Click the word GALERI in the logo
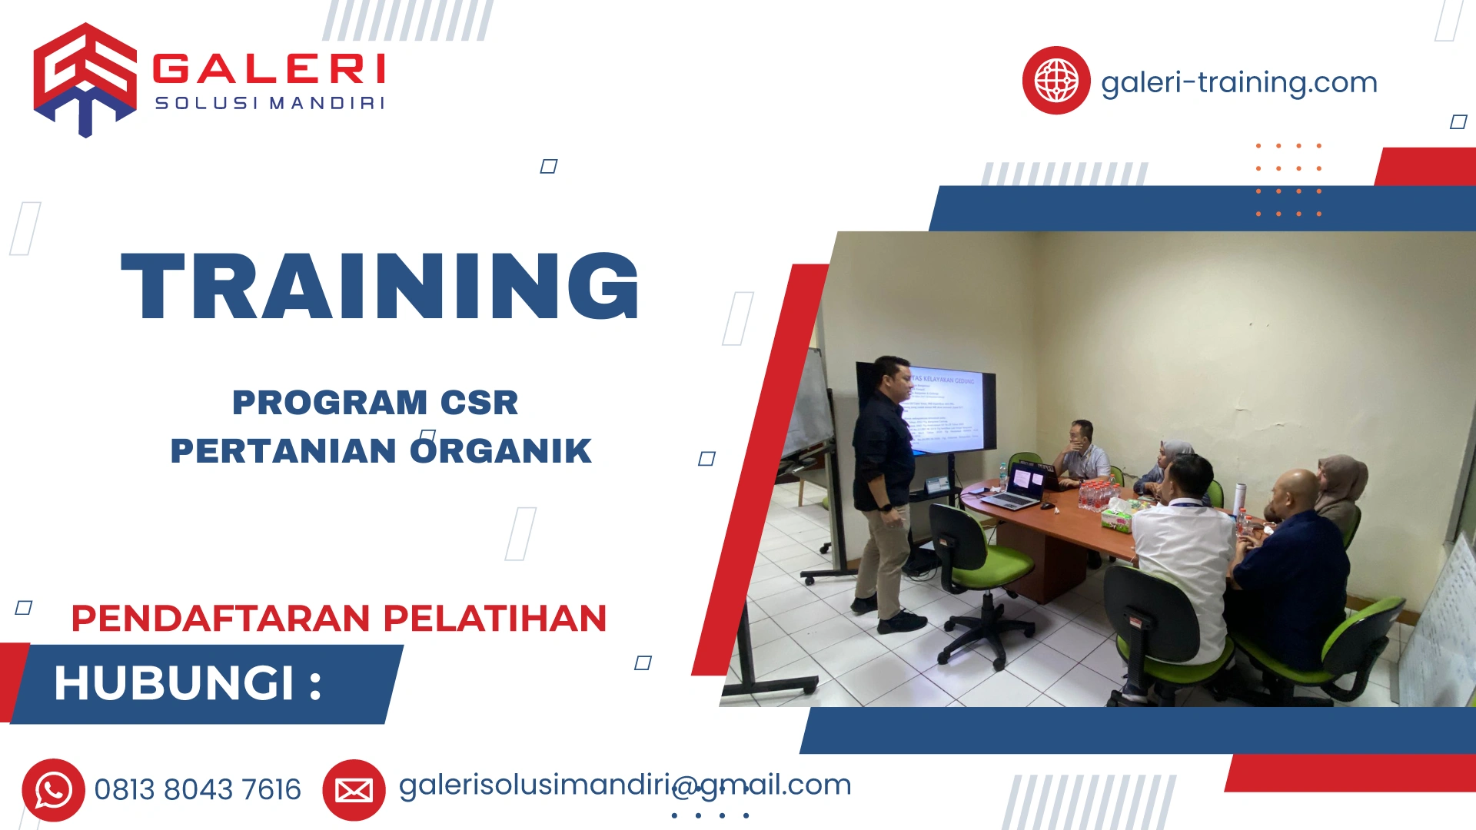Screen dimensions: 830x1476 [269, 69]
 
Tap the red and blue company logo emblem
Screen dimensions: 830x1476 [85, 79]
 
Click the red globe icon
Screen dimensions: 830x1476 [1055, 81]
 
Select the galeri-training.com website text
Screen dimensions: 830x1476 [1238, 82]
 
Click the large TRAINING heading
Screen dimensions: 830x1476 [380, 286]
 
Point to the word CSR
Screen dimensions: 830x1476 [479, 403]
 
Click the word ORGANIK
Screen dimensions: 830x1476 [500, 451]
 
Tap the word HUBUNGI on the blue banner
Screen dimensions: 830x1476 [175, 683]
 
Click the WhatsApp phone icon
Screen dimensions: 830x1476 [53, 790]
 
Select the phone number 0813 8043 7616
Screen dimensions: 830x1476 [198, 790]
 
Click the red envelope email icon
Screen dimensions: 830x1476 [354, 790]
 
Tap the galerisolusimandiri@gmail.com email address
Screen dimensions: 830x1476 [624, 785]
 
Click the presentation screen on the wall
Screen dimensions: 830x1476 [949, 411]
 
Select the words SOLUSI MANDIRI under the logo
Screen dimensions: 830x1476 [269, 104]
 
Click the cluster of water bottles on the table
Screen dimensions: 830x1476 [1098, 495]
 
